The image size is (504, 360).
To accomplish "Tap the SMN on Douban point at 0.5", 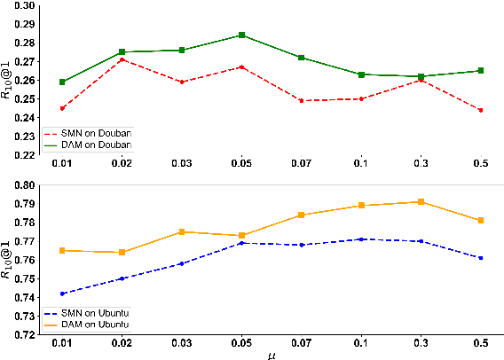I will (x=481, y=110).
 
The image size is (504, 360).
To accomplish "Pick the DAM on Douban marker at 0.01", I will (x=62, y=82).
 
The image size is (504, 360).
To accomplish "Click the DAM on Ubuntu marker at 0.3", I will (x=421, y=202).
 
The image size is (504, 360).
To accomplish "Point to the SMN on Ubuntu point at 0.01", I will (x=62, y=293).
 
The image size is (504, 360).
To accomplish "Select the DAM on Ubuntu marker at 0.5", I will (x=481, y=220).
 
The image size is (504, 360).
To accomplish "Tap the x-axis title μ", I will (x=272, y=355).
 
